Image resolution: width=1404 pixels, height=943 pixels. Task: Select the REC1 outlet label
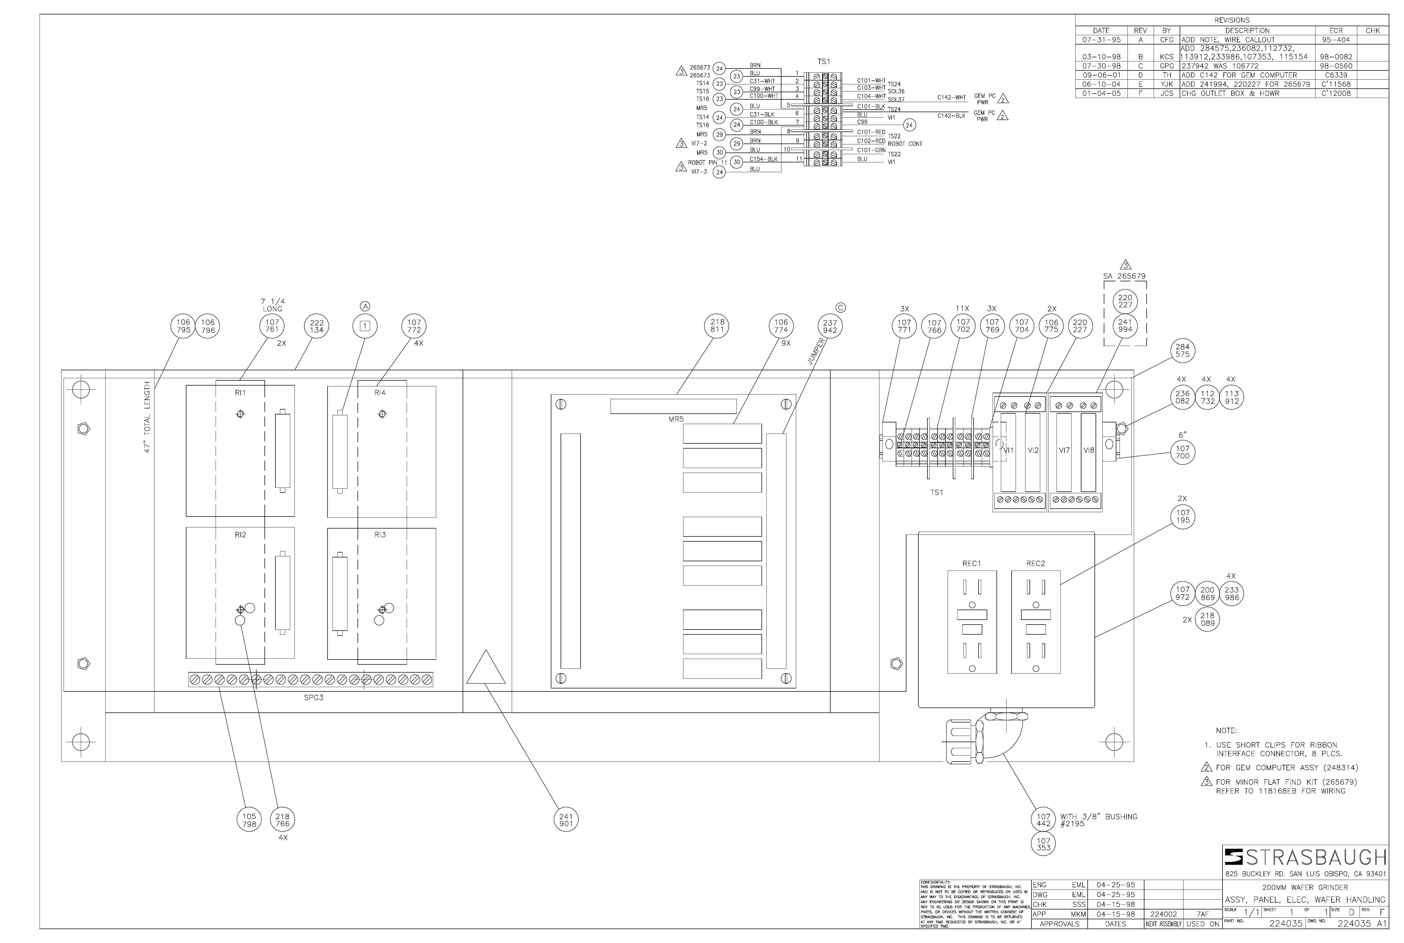[x=971, y=563]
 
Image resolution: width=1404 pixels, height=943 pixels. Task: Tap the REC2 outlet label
[x=1035, y=563]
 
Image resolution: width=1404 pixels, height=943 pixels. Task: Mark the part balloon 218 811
[x=717, y=326]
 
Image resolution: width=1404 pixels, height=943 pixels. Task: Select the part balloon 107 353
[x=1044, y=844]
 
